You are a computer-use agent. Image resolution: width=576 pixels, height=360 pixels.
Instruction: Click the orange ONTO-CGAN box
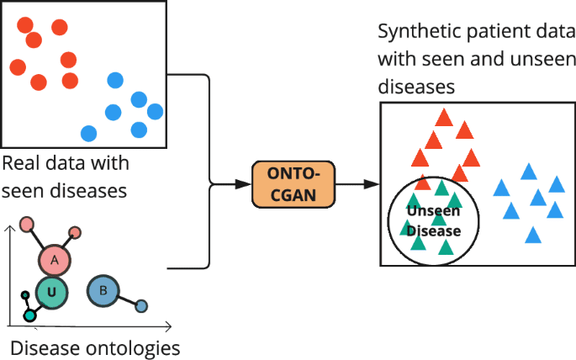tap(293, 183)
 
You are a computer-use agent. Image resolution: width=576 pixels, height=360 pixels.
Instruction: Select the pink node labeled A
tap(55, 261)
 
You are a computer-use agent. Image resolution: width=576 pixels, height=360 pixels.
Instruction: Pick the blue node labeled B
tap(103, 291)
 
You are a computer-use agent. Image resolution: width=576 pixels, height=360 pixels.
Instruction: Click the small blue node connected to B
tap(141, 306)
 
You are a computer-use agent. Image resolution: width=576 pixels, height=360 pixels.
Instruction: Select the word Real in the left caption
tap(20, 162)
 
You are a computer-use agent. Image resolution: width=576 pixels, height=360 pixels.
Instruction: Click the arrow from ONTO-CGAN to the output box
tap(358, 183)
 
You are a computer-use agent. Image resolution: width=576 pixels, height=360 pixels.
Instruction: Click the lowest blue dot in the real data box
tap(88, 133)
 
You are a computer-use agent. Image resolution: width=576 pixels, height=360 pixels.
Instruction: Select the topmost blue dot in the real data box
tap(115, 81)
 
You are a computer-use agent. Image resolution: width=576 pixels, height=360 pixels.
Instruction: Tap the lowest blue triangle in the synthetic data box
tap(531, 235)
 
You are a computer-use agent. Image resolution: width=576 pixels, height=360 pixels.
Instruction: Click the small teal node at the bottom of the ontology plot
tap(30, 315)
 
